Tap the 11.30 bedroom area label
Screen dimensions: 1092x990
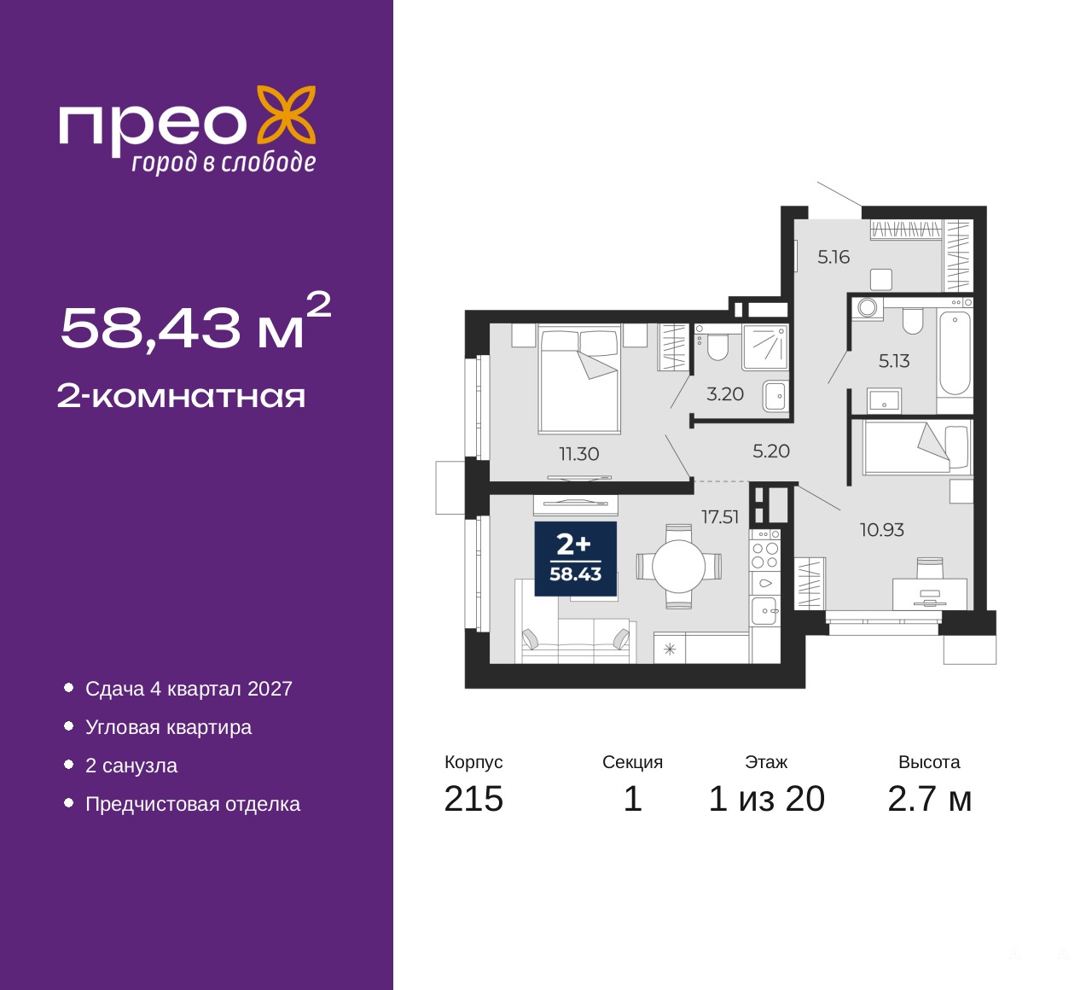(x=578, y=454)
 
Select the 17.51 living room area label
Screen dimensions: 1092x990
(x=720, y=517)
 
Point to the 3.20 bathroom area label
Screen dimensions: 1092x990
(x=724, y=393)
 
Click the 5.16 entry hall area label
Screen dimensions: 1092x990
(x=834, y=257)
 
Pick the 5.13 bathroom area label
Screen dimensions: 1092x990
(x=894, y=360)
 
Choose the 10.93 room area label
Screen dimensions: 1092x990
(x=882, y=529)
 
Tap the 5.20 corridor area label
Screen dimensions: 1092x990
(x=771, y=451)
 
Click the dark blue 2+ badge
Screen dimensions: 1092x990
(x=575, y=559)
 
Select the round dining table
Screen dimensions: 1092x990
(x=679, y=567)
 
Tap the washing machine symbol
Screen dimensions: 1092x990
(x=868, y=308)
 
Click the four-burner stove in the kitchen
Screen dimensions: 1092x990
(x=765, y=555)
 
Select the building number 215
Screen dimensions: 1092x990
(x=473, y=799)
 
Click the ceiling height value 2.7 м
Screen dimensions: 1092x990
(x=929, y=799)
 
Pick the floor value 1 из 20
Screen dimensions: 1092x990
(x=766, y=799)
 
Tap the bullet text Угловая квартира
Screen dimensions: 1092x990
(x=168, y=727)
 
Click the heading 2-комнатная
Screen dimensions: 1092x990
(x=181, y=397)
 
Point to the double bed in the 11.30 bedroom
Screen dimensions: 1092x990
(x=579, y=379)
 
